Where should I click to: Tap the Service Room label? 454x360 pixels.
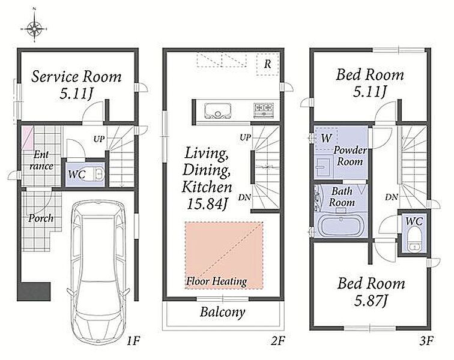[76, 77]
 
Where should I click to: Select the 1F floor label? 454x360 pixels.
[133, 341]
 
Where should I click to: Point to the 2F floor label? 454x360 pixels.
[277, 341]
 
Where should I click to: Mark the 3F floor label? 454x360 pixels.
[426, 341]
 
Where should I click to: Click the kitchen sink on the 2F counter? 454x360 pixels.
[218, 110]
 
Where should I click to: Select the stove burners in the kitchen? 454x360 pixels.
[264, 110]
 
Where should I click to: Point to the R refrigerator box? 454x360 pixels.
[268, 64]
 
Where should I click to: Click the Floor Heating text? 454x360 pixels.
[217, 281]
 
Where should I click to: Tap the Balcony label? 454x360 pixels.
[223, 312]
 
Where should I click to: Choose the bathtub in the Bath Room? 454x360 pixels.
[340, 226]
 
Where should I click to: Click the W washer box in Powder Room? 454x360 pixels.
[326, 138]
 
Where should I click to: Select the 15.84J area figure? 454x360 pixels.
[207, 204]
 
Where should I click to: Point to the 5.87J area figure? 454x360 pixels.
[371, 301]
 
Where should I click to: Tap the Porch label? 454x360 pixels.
[41, 218]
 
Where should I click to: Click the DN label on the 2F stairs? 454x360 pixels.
[244, 197]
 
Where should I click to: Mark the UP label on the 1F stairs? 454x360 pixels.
[99, 139]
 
